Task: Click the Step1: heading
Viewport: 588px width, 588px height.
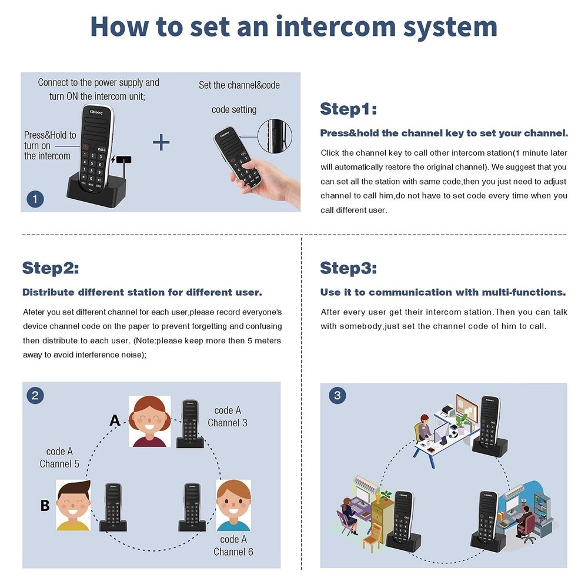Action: tap(348, 109)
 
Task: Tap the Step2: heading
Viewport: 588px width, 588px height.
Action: tap(51, 269)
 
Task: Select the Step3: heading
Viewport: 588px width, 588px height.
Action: tap(348, 269)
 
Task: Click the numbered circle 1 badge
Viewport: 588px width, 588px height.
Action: tap(35, 199)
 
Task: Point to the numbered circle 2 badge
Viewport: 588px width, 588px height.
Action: tap(35, 395)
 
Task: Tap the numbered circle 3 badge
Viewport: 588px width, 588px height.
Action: tap(337, 395)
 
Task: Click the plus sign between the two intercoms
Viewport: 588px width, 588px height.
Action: tap(161, 142)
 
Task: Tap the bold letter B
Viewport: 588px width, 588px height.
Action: tap(45, 506)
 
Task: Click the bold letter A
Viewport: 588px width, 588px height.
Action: tap(115, 420)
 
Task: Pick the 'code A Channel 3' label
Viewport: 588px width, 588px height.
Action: tap(228, 416)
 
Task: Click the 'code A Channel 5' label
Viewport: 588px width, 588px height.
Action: tap(59, 457)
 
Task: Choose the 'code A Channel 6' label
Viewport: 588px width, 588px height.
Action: tap(233, 545)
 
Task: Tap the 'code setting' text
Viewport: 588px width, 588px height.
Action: tap(234, 110)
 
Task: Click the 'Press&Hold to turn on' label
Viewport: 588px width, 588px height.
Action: tap(49, 145)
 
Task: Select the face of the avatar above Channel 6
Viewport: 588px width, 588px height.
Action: tap(234, 505)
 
